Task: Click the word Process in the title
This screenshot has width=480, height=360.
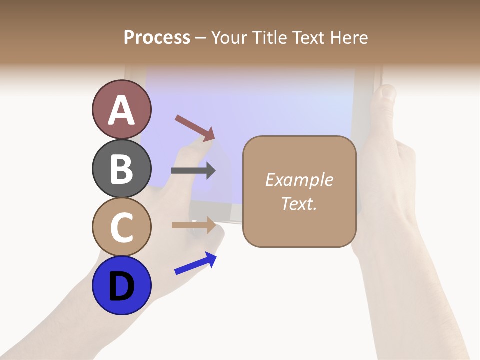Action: [x=157, y=38]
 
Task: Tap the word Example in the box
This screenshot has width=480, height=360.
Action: [x=299, y=180]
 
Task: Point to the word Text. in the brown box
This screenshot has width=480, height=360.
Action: [x=299, y=203]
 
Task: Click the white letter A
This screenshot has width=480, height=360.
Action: [x=122, y=110]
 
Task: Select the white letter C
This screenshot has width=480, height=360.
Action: [x=121, y=227]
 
